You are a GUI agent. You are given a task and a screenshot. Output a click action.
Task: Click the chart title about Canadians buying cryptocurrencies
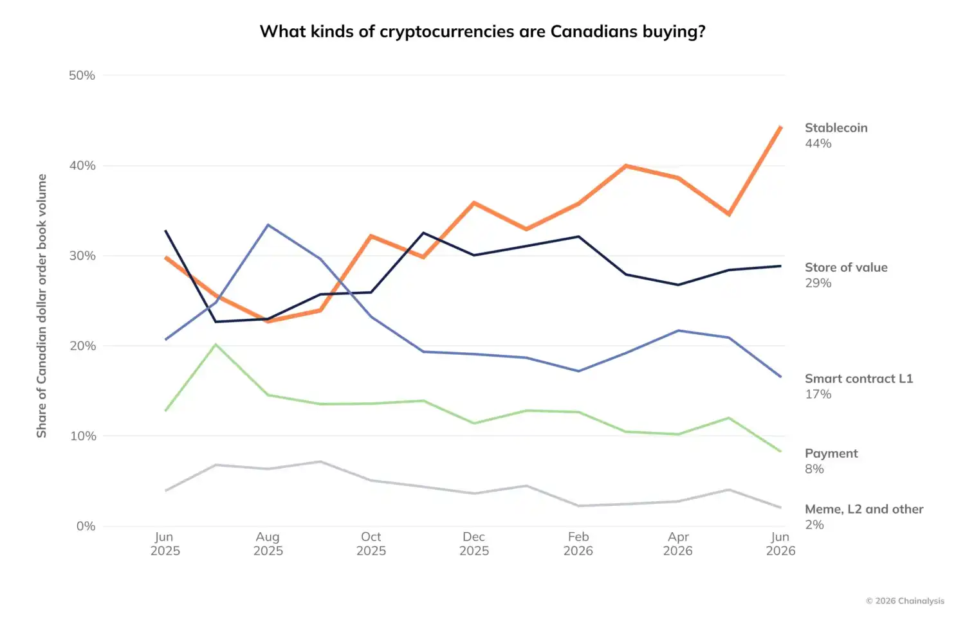(482, 31)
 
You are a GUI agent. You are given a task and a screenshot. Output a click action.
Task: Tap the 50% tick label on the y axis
(82, 75)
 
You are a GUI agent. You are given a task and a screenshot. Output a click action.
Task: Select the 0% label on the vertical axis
(86, 526)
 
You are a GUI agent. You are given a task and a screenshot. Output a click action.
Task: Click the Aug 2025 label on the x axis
(268, 544)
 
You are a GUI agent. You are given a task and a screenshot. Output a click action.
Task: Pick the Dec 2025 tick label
(474, 544)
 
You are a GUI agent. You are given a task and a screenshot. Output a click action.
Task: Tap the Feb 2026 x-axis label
(578, 544)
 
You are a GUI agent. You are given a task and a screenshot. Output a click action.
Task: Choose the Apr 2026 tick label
(677, 544)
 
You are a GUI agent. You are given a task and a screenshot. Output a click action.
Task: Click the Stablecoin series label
(836, 128)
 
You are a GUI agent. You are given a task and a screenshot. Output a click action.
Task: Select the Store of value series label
(846, 267)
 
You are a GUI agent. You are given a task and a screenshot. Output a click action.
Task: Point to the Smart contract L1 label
(859, 379)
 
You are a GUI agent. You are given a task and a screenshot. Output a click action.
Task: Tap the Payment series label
(831, 454)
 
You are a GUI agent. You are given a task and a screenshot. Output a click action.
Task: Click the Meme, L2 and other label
(864, 509)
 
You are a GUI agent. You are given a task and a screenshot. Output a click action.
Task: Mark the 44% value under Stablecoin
(818, 143)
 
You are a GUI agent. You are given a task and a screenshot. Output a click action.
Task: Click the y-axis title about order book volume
(41, 306)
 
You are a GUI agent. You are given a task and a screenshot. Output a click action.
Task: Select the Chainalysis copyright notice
(905, 601)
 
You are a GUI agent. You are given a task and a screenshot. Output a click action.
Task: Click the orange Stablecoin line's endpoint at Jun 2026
(780, 127)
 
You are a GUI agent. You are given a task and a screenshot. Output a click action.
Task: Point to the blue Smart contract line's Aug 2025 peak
(268, 224)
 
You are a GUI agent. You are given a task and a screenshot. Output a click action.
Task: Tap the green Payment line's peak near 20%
(216, 344)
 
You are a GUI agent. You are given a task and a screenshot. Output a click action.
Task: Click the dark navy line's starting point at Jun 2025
(165, 231)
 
